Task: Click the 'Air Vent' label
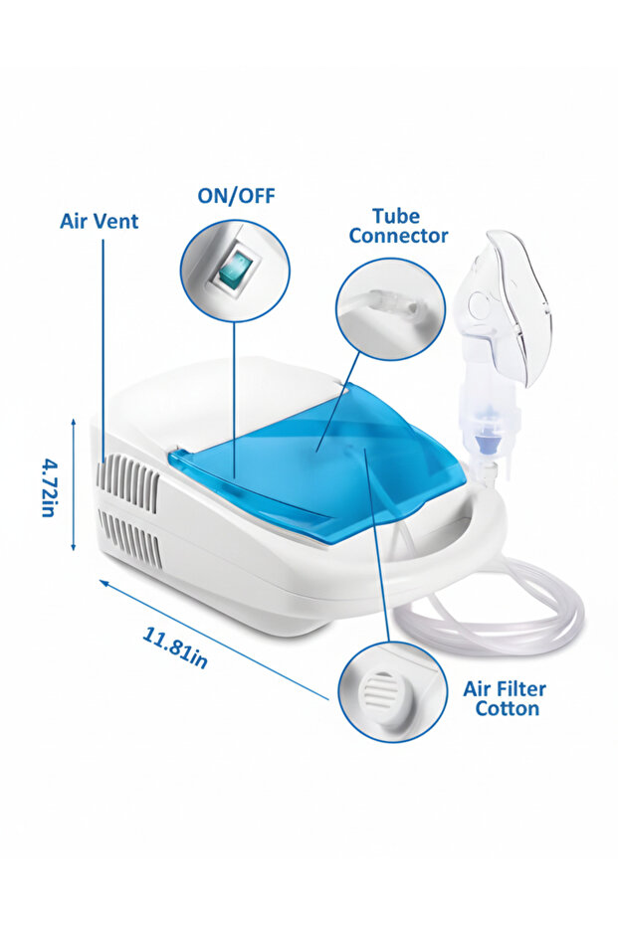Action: coord(100,222)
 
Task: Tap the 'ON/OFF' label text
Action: coord(236,196)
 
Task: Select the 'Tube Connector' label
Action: coord(398,226)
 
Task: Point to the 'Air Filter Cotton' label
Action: coord(505,698)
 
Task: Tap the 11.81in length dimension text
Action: coord(175,648)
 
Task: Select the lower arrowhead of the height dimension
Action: coord(74,547)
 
